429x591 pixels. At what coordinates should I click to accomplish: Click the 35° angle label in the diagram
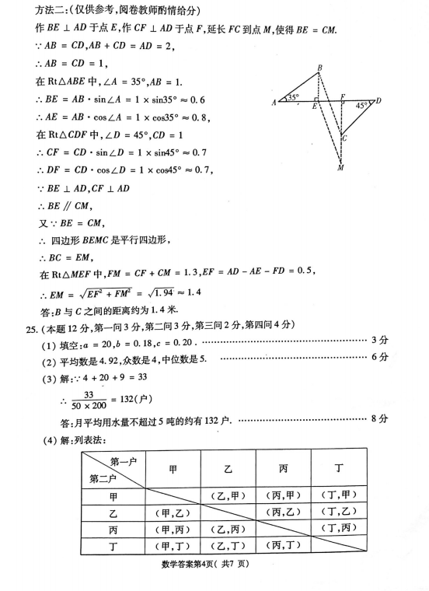[292, 97]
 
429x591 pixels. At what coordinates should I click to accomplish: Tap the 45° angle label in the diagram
[362, 104]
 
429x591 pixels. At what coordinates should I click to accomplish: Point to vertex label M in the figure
[340, 168]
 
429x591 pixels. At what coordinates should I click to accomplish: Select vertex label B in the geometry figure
[319, 69]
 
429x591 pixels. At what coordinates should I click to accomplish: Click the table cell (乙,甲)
[228, 495]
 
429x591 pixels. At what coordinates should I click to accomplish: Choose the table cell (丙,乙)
[284, 512]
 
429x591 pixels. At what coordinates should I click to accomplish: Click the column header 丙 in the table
[284, 468]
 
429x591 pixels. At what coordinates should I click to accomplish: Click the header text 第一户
[124, 462]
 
